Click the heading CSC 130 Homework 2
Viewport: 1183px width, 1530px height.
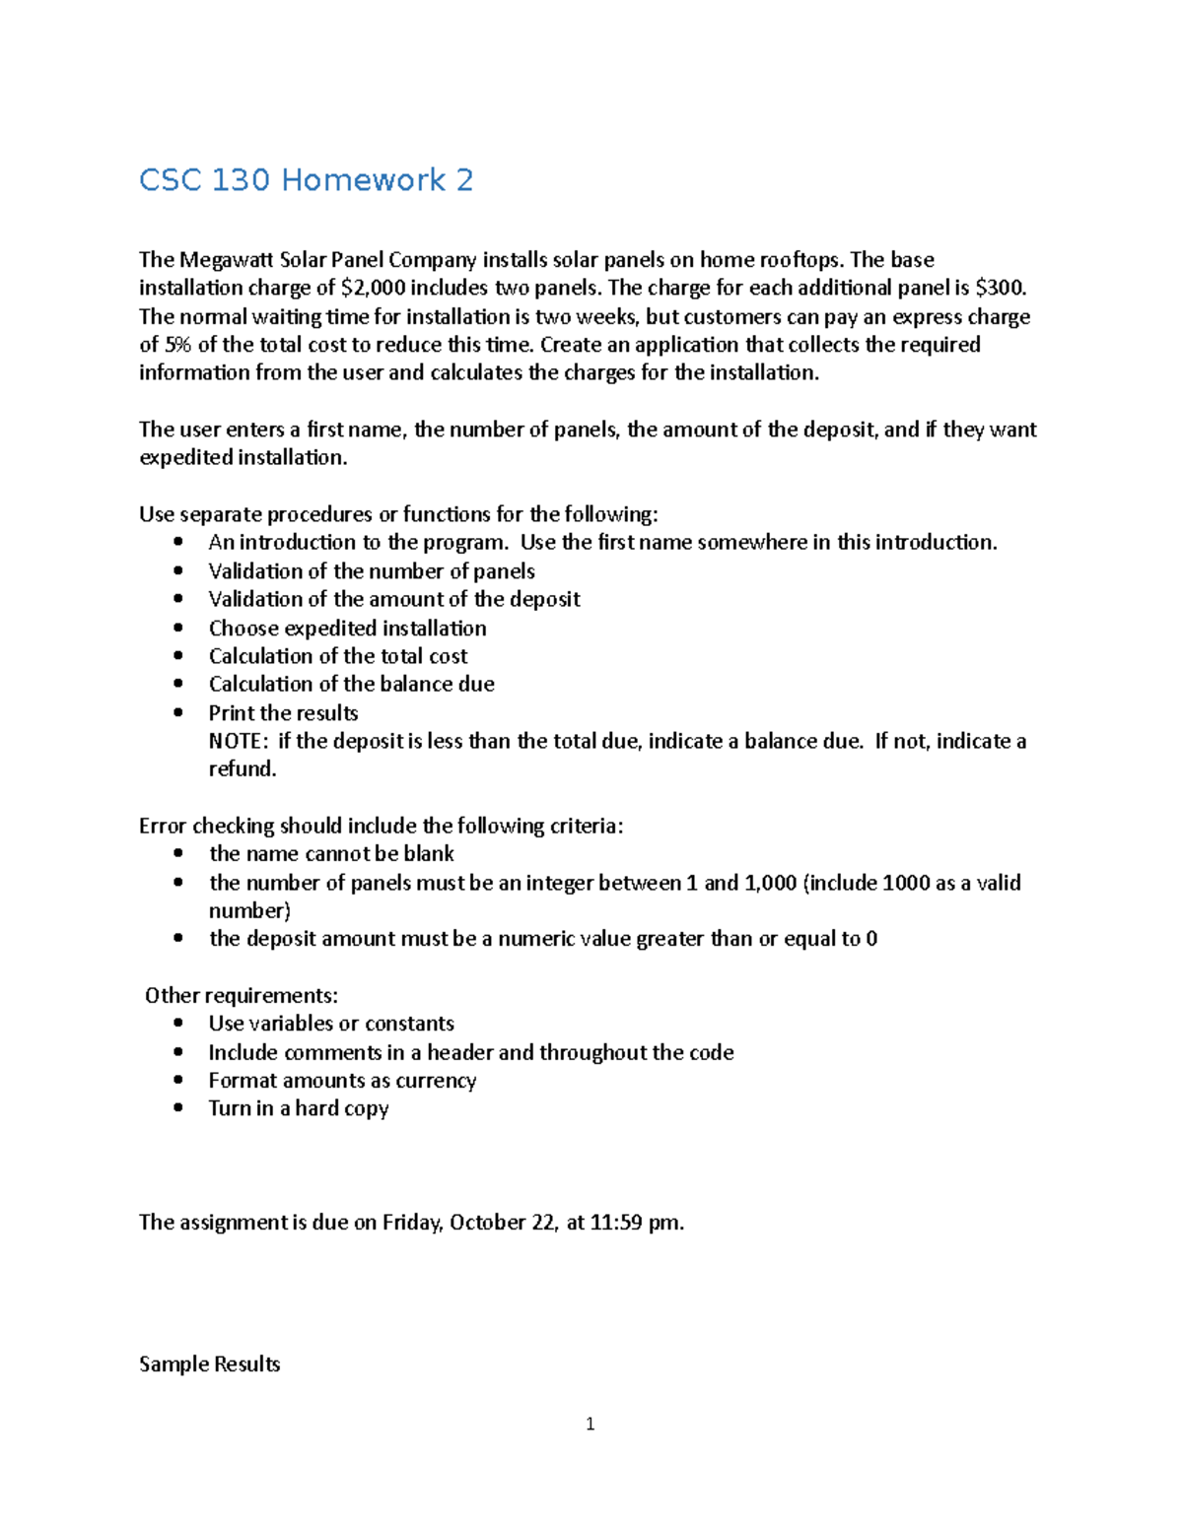[306, 180]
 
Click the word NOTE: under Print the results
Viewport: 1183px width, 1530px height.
[238, 741]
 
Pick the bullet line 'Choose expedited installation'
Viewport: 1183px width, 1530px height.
[347, 629]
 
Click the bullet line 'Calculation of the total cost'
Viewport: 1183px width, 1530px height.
[338, 656]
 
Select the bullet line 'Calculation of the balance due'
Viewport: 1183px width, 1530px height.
[351, 684]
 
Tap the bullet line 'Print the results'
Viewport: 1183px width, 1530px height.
[283, 713]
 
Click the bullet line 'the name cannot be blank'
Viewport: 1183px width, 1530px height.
[331, 854]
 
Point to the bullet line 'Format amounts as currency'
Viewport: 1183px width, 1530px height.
[342, 1081]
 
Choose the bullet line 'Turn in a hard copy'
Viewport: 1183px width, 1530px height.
[298, 1108]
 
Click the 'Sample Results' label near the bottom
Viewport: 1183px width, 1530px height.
[209, 1364]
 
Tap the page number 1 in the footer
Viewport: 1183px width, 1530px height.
[590, 1424]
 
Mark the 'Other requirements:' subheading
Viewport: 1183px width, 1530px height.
[241, 995]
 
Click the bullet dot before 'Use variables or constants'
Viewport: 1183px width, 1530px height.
[177, 1024]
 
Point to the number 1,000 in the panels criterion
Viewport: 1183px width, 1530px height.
[770, 883]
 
